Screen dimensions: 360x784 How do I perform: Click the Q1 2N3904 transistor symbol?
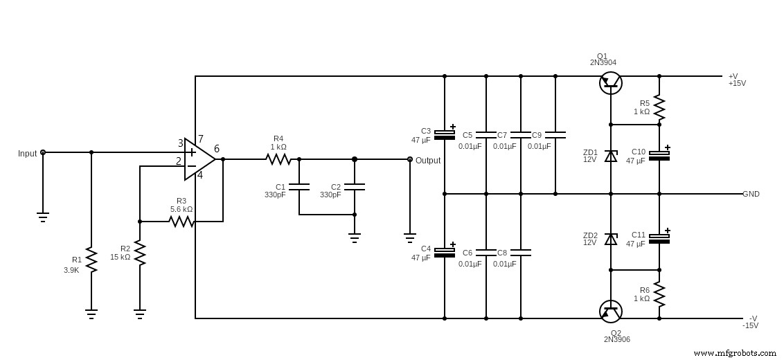[610, 83]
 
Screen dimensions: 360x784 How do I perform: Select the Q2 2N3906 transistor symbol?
[610, 312]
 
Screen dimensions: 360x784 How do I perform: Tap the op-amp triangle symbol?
[199, 159]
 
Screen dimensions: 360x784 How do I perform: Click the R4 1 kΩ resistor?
[278, 159]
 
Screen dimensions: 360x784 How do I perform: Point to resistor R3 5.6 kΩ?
[181, 222]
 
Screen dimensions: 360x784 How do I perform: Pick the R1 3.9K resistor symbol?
[91, 259]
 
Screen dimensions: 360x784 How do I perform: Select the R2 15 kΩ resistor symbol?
[140, 253]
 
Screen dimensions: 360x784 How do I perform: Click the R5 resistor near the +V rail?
[659, 107]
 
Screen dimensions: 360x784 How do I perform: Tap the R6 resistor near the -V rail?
[659, 294]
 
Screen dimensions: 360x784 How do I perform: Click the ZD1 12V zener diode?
[610, 156]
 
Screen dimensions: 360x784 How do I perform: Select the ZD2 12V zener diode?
[610, 239]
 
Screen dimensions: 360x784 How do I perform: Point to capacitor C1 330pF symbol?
[299, 186]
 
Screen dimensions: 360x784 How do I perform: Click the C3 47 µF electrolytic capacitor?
[445, 135]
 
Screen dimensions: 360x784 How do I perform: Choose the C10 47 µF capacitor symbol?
[659, 156]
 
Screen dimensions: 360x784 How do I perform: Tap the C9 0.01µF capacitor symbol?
[555, 134]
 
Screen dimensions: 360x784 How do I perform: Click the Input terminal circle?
[43, 152]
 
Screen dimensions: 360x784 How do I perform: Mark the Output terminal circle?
[410, 159]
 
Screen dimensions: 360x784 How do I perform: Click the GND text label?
[751, 194]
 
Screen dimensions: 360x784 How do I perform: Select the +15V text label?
[737, 84]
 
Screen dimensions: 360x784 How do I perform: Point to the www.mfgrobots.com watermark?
[734, 353]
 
